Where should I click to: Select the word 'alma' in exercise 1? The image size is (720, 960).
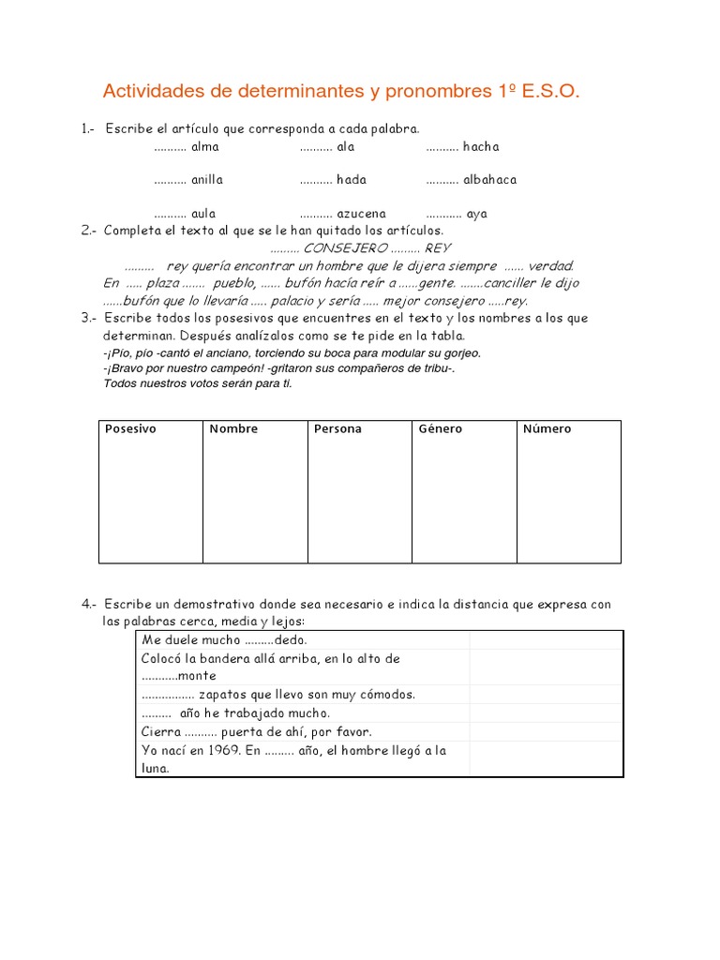tap(204, 146)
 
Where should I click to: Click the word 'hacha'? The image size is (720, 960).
tap(481, 146)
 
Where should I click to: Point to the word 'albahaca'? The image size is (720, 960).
tap(489, 179)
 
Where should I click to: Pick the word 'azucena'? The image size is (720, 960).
tap(361, 213)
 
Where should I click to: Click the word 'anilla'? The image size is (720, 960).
tap(207, 179)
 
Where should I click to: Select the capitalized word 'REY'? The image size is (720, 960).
tap(438, 247)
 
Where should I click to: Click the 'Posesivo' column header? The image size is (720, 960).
tap(130, 429)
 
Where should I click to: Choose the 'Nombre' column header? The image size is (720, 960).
tap(233, 429)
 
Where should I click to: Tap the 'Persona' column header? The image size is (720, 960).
tap(337, 429)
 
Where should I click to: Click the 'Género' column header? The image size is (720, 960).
tap(441, 429)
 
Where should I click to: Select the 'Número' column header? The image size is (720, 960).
tap(547, 429)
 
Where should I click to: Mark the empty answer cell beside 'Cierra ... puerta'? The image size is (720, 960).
tap(546, 731)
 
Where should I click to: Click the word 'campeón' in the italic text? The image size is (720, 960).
tap(250, 368)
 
